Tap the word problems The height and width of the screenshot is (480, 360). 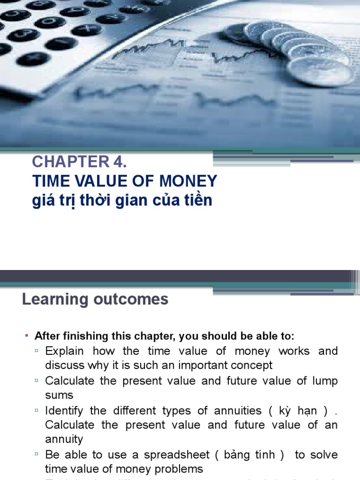(x=178, y=469)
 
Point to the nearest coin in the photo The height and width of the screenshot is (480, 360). (x=321, y=71)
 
